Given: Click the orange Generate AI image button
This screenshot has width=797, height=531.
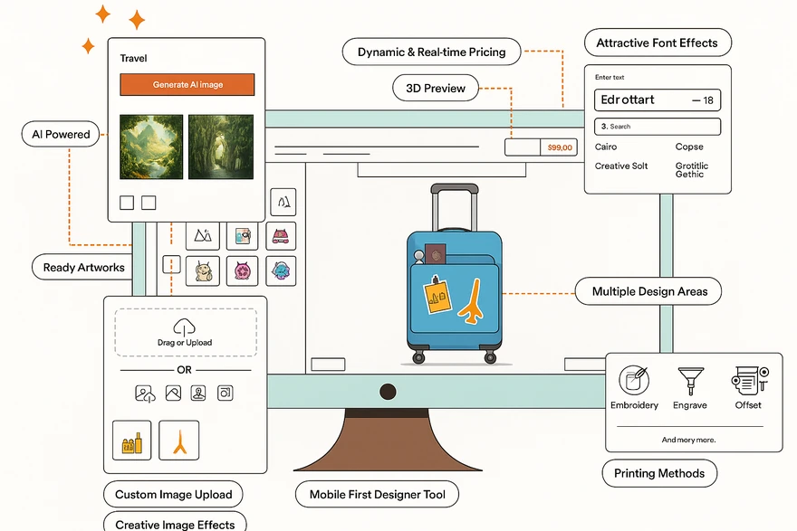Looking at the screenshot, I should tap(187, 85).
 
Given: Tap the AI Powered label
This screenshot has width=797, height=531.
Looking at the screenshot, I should tap(61, 134).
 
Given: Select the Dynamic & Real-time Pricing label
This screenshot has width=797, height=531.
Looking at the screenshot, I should tap(431, 52).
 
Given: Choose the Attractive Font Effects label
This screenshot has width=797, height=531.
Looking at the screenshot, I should tap(657, 43).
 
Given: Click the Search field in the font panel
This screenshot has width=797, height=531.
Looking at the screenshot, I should tap(657, 127).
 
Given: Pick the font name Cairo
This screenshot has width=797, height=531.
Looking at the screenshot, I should tap(606, 147).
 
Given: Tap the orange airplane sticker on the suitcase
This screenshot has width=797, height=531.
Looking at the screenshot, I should tap(471, 302).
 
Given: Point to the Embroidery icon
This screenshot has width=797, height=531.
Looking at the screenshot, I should tap(634, 380).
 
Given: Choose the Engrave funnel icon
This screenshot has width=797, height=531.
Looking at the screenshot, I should tap(690, 379).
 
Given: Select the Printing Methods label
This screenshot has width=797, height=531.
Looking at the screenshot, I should tap(659, 473).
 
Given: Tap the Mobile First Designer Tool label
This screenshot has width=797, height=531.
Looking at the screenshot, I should tap(377, 495).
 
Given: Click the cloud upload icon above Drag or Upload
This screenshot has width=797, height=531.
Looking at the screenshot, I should tap(184, 327).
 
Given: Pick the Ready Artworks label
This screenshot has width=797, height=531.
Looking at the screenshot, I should tap(83, 267).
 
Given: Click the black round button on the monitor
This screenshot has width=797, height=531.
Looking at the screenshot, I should tap(388, 392).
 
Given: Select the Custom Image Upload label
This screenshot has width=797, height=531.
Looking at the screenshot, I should tap(173, 495).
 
